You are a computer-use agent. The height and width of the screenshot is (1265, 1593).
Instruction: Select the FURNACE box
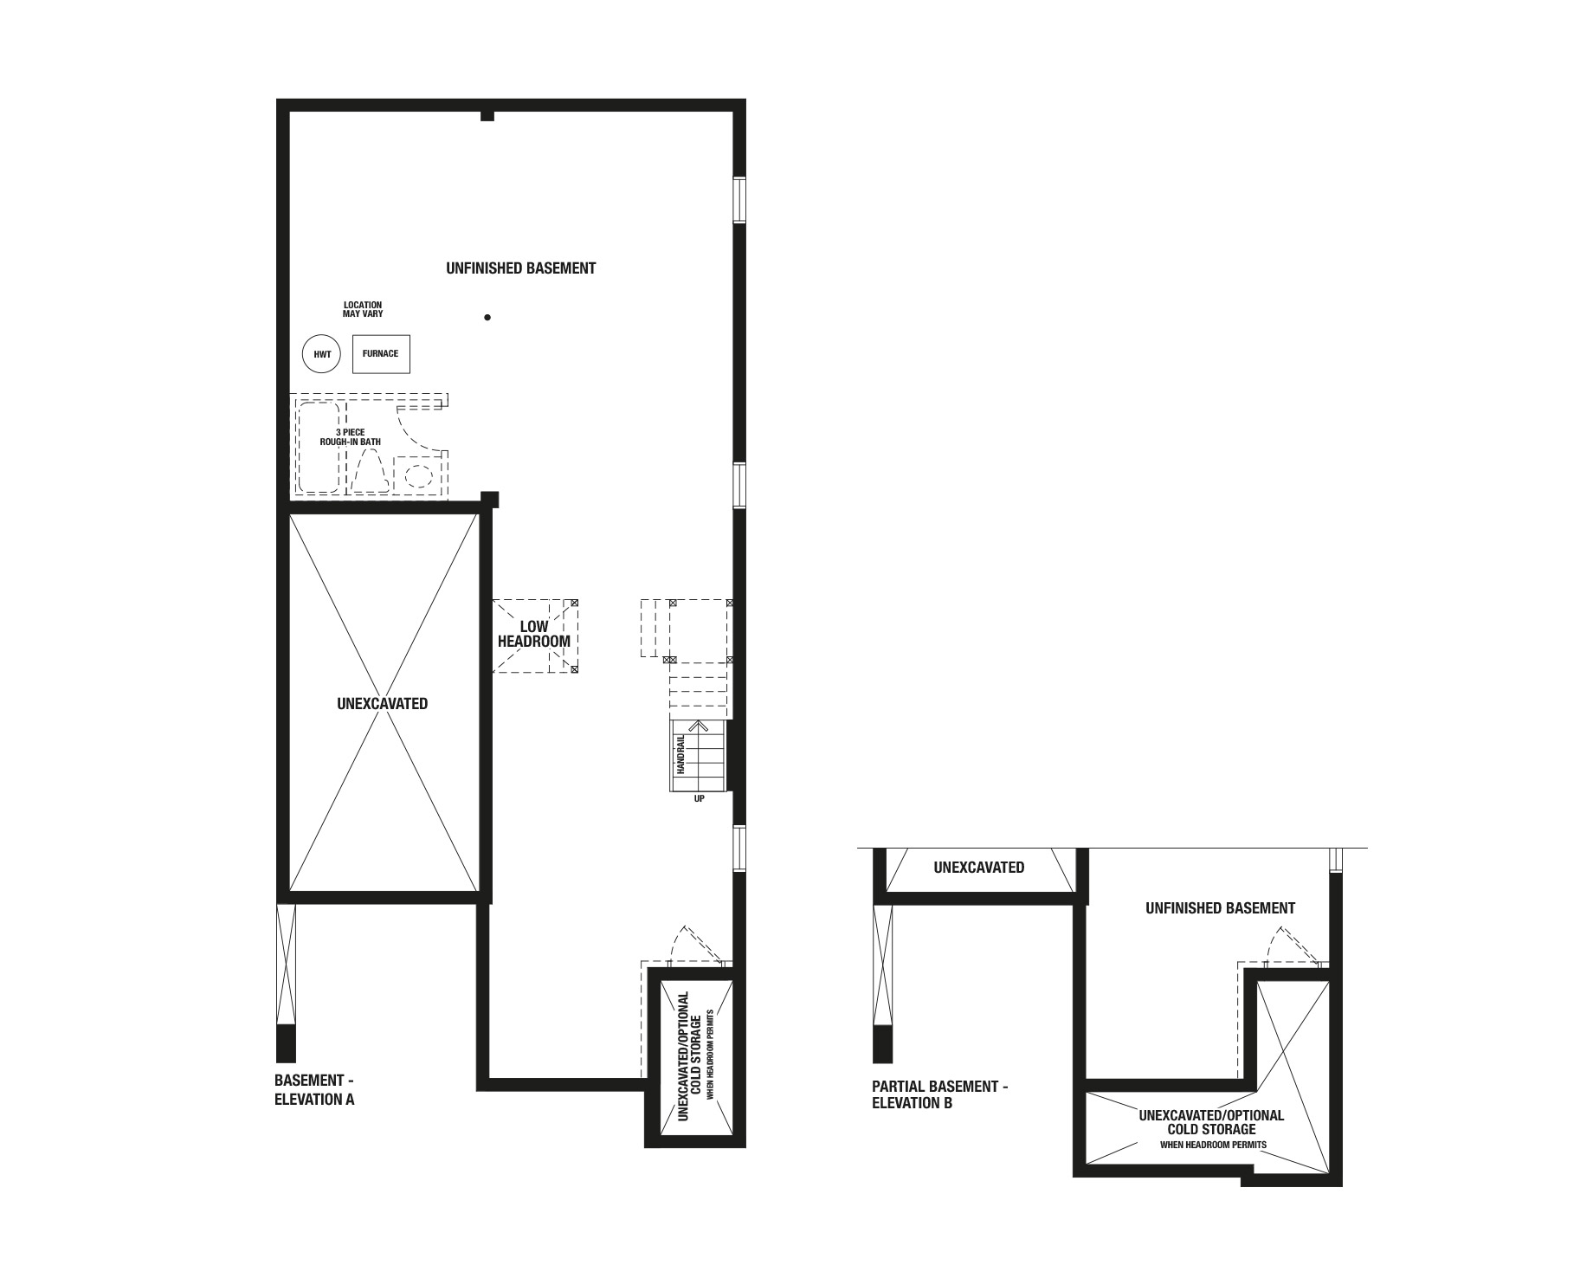pyautogui.click(x=381, y=353)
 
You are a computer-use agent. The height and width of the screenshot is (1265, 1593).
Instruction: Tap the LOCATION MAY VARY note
pyautogui.click(x=363, y=309)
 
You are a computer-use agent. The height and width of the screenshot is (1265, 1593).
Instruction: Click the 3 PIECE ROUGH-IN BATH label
pyautogui.click(x=350, y=437)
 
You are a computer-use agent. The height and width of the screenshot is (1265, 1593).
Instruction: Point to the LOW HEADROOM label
pyautogui.click(x=534, y=634)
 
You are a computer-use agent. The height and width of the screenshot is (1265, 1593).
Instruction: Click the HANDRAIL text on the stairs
pyautogui.click(x=681, y=754)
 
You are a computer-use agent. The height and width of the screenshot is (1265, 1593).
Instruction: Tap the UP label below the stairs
pyautogui.click(x=700, y=798)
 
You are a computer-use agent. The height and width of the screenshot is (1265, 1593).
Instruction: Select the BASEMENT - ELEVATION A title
pyautogui.click(x=314, y=1090)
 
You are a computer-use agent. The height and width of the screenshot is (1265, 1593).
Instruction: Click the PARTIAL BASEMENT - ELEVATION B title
pyautogui.click(x=940, y=1094)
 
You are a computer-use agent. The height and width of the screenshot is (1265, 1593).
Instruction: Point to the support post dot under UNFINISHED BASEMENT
pyautogui.click(x=487, y=318)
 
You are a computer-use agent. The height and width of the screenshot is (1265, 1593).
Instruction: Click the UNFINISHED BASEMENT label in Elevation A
pyautogui.click(x=521, y=268)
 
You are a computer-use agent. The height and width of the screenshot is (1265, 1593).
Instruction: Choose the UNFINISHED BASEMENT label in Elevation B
pyautogui.click(x=1220, y=908)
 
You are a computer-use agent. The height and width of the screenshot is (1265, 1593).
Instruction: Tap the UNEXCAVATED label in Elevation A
pyautogui.click(x=382, y=704)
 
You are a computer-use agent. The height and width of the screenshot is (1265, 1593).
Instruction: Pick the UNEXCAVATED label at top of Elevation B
pyautogui.click(x=979, y=868)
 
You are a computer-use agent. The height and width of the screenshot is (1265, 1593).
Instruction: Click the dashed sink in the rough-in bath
pyautogui.click(x=419, y=474)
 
